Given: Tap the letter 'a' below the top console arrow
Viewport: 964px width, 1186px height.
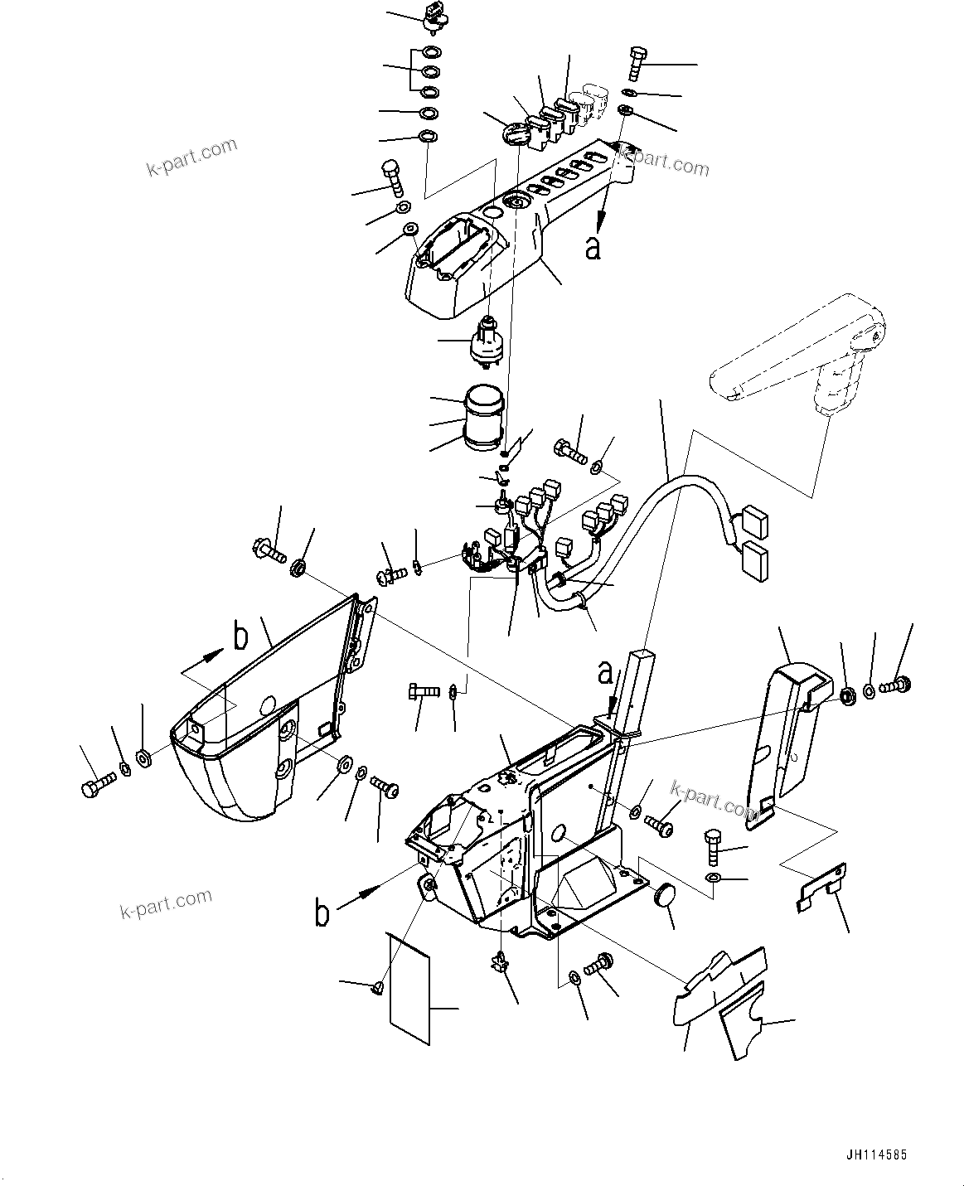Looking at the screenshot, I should click(x=593, y=247).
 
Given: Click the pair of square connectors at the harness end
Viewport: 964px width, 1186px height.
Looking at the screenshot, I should click(x=753, y=544).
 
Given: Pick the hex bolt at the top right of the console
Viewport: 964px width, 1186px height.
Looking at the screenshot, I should click(x=637, y=62).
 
